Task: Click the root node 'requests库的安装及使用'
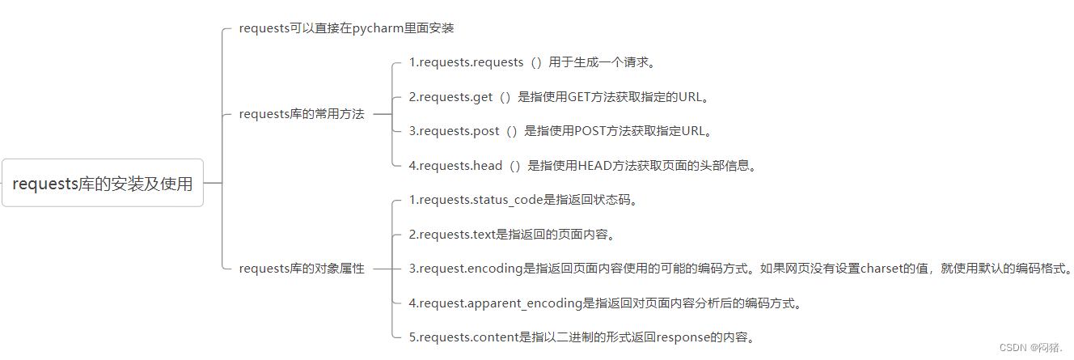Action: (x=103, y=184)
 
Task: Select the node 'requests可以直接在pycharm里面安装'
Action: (x=346, y=28)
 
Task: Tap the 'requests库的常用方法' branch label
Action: (x=302, y=114)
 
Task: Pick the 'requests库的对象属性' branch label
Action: (x=302, y=269)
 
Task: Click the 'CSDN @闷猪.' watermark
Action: (x=1031, y=347)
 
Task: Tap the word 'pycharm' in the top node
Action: (x=374, y=28)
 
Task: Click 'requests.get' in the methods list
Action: (x=455, y=97)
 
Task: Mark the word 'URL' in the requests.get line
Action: (x=690, y=97)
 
